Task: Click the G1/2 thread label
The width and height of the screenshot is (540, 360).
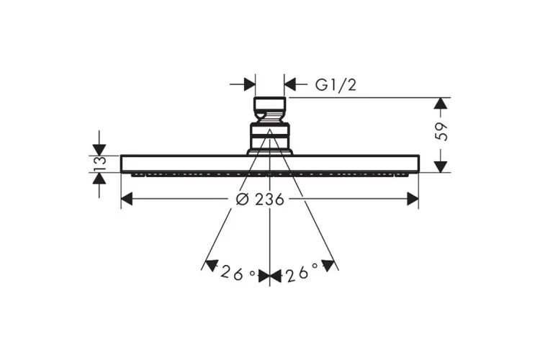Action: click(336, 85)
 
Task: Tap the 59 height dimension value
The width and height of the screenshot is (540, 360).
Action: click(441, 131)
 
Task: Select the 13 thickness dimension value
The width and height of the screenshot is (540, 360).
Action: click(99, 164)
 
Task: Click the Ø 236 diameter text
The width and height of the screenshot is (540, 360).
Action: click(260, 199)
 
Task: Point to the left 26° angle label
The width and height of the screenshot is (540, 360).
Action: click(238, 274)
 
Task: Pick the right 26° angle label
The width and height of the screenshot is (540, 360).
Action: click(302, 273)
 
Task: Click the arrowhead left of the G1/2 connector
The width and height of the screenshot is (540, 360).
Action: click(250, 84)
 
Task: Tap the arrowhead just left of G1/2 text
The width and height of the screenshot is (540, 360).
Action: click(290, 84)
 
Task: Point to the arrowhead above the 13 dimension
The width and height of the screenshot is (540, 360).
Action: click(99, 150)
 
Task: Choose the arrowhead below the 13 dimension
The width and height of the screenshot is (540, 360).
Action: click(99, 178)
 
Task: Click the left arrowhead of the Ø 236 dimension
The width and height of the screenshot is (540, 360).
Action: click(127, 199)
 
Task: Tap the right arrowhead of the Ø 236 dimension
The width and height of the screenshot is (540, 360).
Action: click(413, 199)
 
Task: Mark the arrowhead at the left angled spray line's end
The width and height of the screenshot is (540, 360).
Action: click(211, 266)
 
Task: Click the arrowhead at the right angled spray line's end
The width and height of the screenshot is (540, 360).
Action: click(328, 266)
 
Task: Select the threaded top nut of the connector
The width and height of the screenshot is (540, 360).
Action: click(270, 109)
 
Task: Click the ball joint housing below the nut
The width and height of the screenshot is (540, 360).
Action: click(270, 136)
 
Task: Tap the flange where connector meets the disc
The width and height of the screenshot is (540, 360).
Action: click(270, 152)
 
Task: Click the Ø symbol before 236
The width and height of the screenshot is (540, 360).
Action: click(243, 200)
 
